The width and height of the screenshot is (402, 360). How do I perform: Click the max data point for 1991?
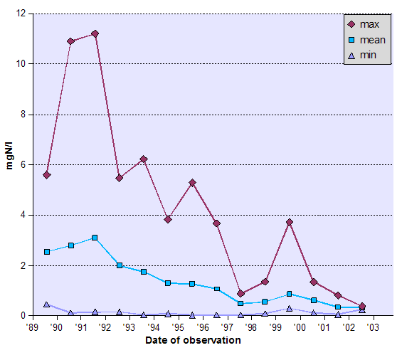pyautogui.click(x=95, y=33)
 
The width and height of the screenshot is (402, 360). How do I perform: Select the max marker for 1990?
pyautogui.click(x=71, y=41)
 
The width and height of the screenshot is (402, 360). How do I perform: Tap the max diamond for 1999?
pyautogui.click(x=290, y=222)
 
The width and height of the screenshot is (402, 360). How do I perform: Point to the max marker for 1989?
pyautogui.click(x=47, y=174)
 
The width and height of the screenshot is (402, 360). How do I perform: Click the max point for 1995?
pyautogui.click(x=192, y=183)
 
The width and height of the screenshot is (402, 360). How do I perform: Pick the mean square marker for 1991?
pyautogui.click(x=95, y=238)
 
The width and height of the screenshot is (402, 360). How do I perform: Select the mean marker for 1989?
pyautogui.click(x=47, y=252)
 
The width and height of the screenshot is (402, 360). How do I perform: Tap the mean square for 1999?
pyautogui.click(x=290, y=294)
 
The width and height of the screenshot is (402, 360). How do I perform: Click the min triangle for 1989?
pyautogui.click(x=47, y=305)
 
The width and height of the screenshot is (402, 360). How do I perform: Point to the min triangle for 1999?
pyautogui.click(x=290, y=308)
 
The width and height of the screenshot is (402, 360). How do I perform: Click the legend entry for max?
pyautogui.click(x=369, y=24)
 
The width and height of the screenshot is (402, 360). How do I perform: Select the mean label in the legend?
pyautogui.click(x=372, y=40)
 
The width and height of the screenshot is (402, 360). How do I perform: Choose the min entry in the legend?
pyautogui.click(x=368, y=55)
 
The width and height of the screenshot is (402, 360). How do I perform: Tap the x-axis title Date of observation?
pyautogui.click(x=193, y=340)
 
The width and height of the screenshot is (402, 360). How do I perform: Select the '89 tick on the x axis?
pyautogui.click(x=33, y=327)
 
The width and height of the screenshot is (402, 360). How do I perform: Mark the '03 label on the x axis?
pyautogui.click(x=373, y=327)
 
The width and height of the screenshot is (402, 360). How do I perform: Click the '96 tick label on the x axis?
pyautogui.click(x=203, y=327)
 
